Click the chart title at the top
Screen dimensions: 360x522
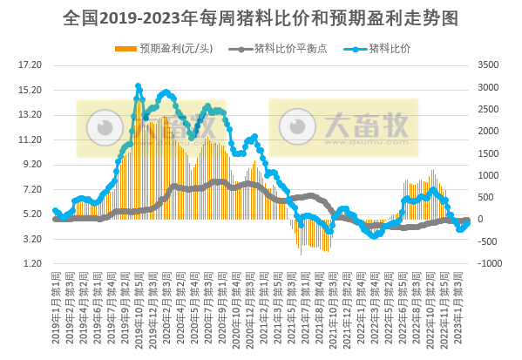click(x=261, y=17)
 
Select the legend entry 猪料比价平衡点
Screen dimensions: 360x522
click(x=281, y=47)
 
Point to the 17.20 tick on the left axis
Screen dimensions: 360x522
click(x=31, y=65)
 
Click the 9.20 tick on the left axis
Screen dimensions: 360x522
click(x=31, y=164)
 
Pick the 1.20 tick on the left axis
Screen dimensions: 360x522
click(x=31, y=263)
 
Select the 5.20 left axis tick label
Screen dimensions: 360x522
click(x=31, y=214)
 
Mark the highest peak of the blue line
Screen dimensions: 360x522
click(x=138, y=86)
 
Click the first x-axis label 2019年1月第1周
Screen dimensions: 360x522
click(x=57, y=309)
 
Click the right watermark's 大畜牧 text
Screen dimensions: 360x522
click(x=365, y=127)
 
